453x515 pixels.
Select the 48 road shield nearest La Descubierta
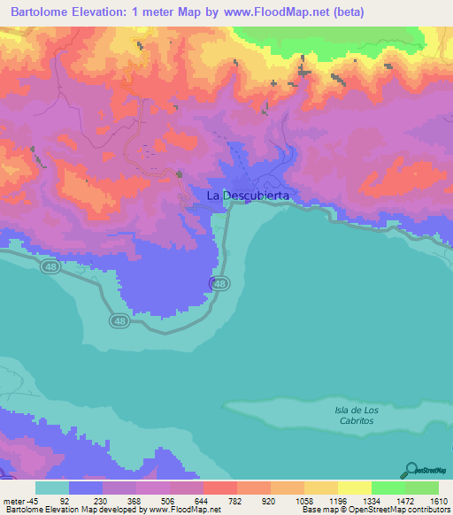tap(219, 283)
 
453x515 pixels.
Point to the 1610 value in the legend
tap(439, 500)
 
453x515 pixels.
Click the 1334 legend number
tap(371, 500)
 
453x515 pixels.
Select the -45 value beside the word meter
tap(34, 500)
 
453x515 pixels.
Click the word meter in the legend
tap(15, 500)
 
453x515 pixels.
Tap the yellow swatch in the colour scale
tap(354, 487)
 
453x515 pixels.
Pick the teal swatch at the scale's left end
tap(52, 487)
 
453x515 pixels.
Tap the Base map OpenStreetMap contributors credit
tap(375, 510)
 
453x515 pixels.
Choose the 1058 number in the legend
tap(303, 500)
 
